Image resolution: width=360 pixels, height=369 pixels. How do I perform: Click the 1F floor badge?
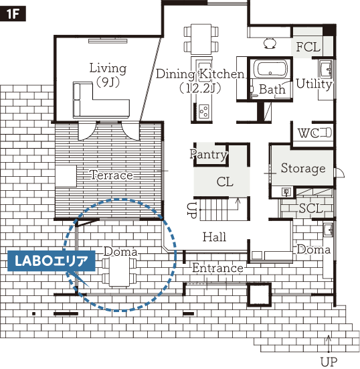(x=13, y=14)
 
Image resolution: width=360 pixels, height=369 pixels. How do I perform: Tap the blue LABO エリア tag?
(x=52, y=261)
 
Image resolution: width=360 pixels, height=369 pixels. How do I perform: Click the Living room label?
(x=108, y=74)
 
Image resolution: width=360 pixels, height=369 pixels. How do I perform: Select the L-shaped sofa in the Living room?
(x=101, y=100)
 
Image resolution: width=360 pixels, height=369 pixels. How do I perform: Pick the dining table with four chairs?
(x=201, y=40)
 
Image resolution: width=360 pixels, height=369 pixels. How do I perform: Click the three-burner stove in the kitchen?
(x=203, y=111)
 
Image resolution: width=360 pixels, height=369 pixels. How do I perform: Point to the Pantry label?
(x=209, y=155)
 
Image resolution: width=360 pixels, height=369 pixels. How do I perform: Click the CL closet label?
(x=225, y=181)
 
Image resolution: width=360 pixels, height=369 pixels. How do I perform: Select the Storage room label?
(x=303, y=169)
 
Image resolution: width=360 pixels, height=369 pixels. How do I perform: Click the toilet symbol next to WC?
(x=325, y=133)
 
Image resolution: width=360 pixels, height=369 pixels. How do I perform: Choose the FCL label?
(x=308, y=47)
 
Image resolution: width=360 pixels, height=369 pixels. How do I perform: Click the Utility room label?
(x=314, y=84)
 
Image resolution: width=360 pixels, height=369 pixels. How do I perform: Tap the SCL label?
(x=311, y=208)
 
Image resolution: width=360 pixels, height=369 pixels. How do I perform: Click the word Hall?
(x=214, y=237)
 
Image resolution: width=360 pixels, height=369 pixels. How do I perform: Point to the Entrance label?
(x=217, y=268)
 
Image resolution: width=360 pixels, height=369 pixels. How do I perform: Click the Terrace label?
(x=111, y=175)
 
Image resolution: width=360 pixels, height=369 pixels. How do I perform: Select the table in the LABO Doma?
(x=120, y=271)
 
